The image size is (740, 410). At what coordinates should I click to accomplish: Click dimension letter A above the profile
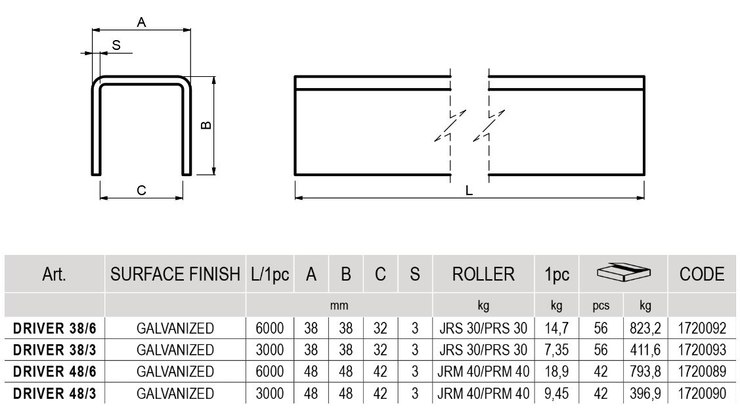tap(141, 22)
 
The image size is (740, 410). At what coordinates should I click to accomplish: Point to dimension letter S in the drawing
tap(116, 45)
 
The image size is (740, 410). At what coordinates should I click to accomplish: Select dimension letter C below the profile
tap(141, 191)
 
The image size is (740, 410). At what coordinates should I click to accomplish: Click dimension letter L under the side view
tap(469, 191)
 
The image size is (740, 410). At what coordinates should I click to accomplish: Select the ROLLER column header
tap(483, 275)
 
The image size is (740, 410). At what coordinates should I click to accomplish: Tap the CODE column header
tap(702, 275)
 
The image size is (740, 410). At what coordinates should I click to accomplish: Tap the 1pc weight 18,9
tap(556, 373)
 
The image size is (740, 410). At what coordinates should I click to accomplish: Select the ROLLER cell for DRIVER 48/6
tap(483, 373)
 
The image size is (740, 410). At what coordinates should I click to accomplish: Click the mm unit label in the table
tap(339, 306)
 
